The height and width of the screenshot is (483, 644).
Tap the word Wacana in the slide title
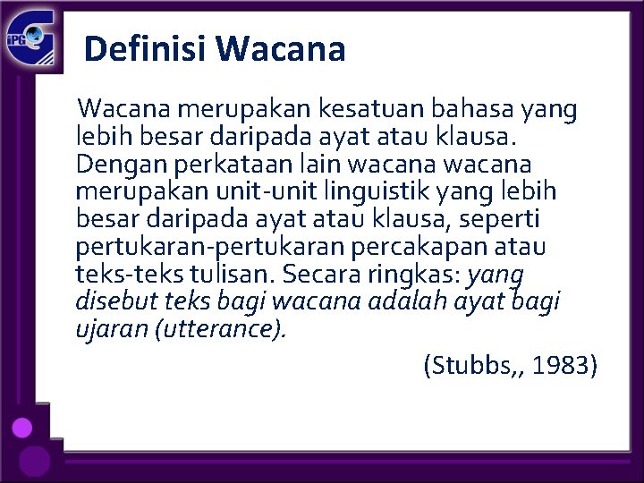(x=280, y=48)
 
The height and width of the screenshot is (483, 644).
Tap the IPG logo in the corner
(x=31, y=41)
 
